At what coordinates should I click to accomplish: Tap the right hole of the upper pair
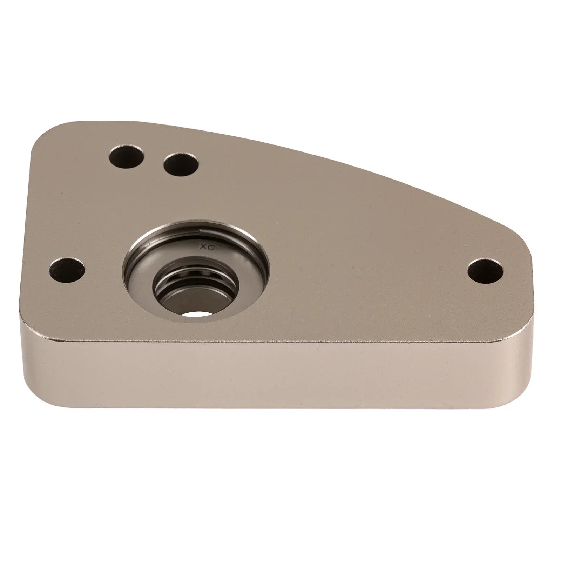(x=181, y=165)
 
